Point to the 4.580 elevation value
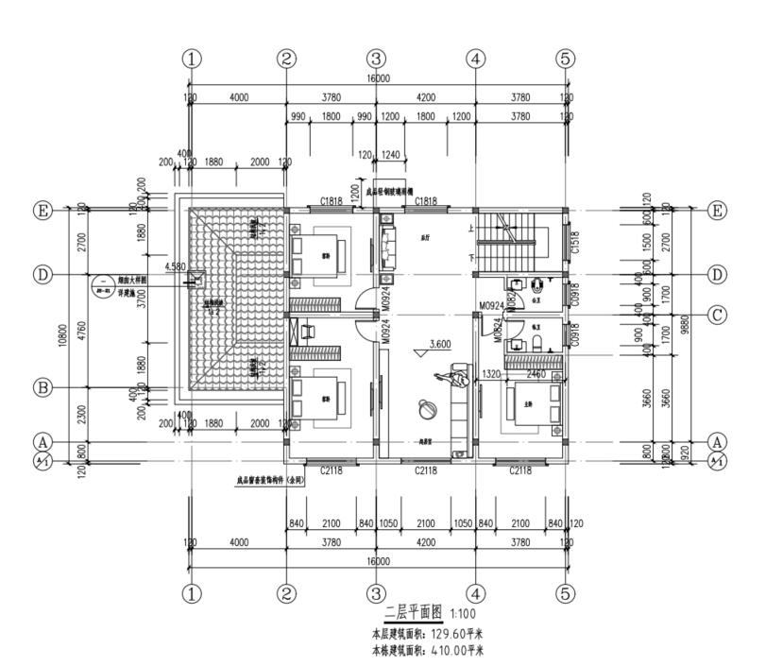pyautogui.click(x=175, y=267)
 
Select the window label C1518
pyautogui.click(x=575, y=248)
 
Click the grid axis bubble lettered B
pyautogui.click(x=43, y=387)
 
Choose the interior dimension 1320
pyautogui.click(x=490, y=374)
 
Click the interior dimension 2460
pyautogui.click(x=536, y=374)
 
